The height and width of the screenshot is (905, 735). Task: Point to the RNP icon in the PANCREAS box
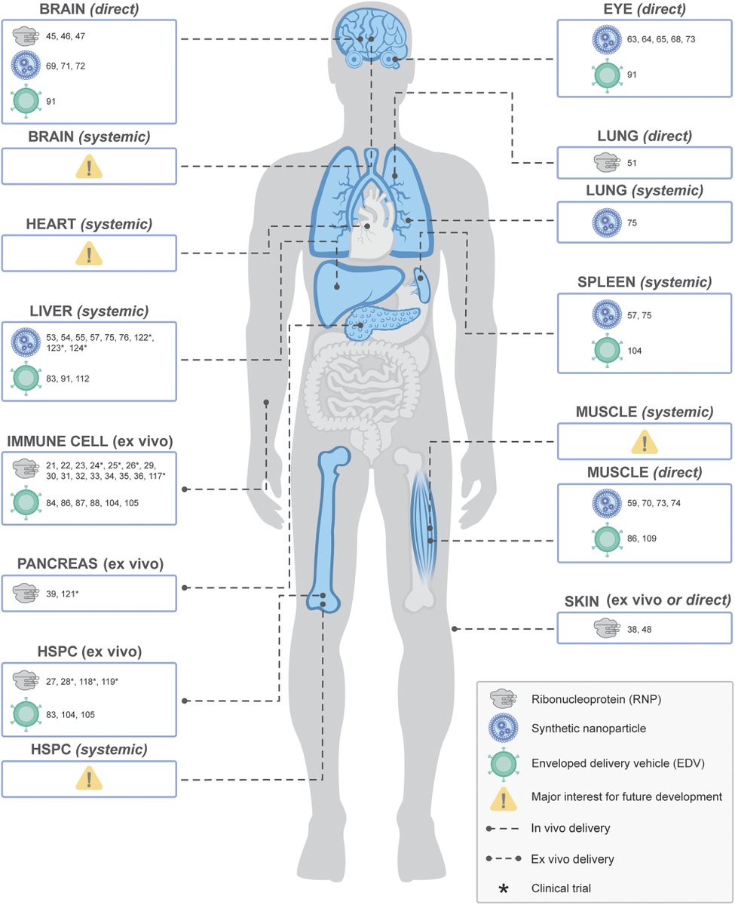click(x=27, y=595)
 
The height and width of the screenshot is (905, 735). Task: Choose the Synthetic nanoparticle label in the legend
click(x=579, y=730)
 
